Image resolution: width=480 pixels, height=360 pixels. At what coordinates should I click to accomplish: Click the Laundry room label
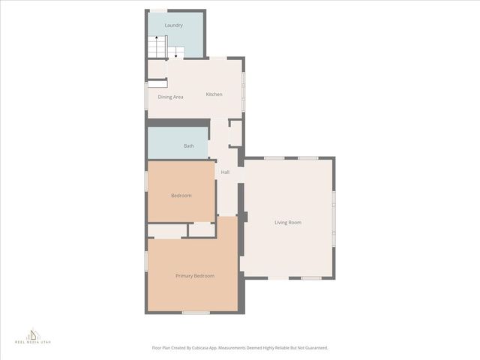click(173, 25)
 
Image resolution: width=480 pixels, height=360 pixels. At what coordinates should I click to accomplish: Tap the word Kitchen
click(214, 94)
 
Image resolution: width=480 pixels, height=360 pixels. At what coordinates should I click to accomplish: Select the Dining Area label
click(170, 97)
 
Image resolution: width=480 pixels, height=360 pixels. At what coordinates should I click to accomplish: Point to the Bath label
click(189, 145)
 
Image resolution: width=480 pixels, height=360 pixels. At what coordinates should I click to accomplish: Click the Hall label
click(225, 172)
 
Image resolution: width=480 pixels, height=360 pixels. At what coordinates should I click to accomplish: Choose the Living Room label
click(288, 222)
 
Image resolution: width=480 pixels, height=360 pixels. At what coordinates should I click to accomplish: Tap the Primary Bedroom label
click(195, 276)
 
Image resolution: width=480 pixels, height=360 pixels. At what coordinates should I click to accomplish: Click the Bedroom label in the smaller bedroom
click(181, 196)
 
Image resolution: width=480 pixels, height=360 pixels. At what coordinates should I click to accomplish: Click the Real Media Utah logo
click(34, 336)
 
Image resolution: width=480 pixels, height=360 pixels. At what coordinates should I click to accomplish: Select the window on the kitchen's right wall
click(244, 89)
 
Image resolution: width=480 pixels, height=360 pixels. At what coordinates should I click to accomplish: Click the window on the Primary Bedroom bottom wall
click(196, 312)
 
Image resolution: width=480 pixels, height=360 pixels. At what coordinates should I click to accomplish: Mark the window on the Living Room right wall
click(334, 217)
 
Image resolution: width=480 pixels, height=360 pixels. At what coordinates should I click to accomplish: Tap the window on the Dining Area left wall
click(146, 95)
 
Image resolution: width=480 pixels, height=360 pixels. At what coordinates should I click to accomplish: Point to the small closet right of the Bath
click(235, 133)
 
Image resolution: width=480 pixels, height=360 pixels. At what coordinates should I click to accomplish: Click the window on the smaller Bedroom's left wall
click(146, 181)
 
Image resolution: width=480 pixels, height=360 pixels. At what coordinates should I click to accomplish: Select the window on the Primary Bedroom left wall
click(146, 259)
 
